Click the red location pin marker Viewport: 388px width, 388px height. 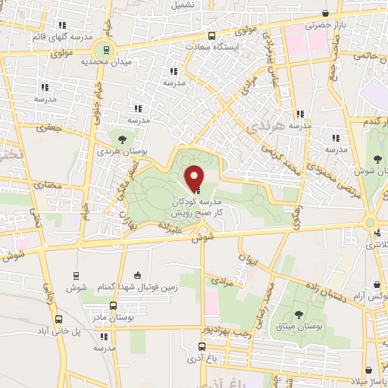pyautogui.click(x=194, y=178)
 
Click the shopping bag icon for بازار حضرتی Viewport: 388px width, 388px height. pyautogui.click(x=325, y=13)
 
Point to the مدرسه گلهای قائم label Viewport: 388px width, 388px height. pyautogui.click(x=62, y=36)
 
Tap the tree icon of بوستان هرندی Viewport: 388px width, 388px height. pyautogui.click(x=120, y=138)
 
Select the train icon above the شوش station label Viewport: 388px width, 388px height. pyautogui.click(x=76, y=276)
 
